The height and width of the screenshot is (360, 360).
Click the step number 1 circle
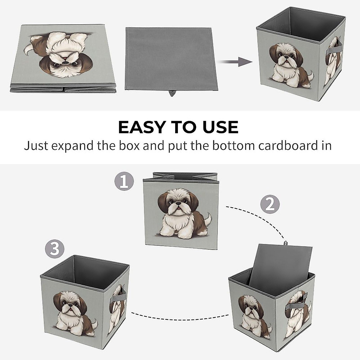124,181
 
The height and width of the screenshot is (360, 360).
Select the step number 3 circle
55,249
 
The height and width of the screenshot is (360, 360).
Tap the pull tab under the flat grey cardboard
172,93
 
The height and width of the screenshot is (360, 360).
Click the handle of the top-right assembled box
334,49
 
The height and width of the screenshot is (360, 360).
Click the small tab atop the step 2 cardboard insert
286,243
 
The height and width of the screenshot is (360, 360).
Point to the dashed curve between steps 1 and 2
258,217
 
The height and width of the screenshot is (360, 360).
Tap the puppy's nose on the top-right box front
285,56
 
